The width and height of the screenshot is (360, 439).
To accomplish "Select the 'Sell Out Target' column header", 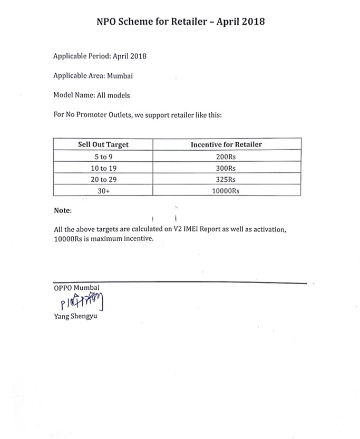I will point(103,144).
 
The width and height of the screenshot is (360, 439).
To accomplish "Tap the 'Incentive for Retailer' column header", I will point(226,144).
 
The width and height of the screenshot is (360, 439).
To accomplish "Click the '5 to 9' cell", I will point(103,157).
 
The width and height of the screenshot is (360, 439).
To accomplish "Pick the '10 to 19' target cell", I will point(103,168).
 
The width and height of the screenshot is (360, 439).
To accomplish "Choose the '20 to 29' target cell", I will point(103,180).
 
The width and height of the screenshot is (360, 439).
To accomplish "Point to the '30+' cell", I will point(103,191).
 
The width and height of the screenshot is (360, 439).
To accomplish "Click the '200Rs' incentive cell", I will point(226,157).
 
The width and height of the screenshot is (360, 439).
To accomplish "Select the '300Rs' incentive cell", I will point(226,168).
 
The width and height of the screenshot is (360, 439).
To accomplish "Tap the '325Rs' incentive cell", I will point(226,180).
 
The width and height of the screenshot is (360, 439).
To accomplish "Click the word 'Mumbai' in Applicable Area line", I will point(120,76).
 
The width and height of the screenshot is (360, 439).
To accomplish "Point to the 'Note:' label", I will point(63,211).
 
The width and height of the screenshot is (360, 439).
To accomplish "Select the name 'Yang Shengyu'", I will point(75,317).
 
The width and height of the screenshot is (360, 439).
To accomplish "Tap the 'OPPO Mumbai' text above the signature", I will point(76,288).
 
